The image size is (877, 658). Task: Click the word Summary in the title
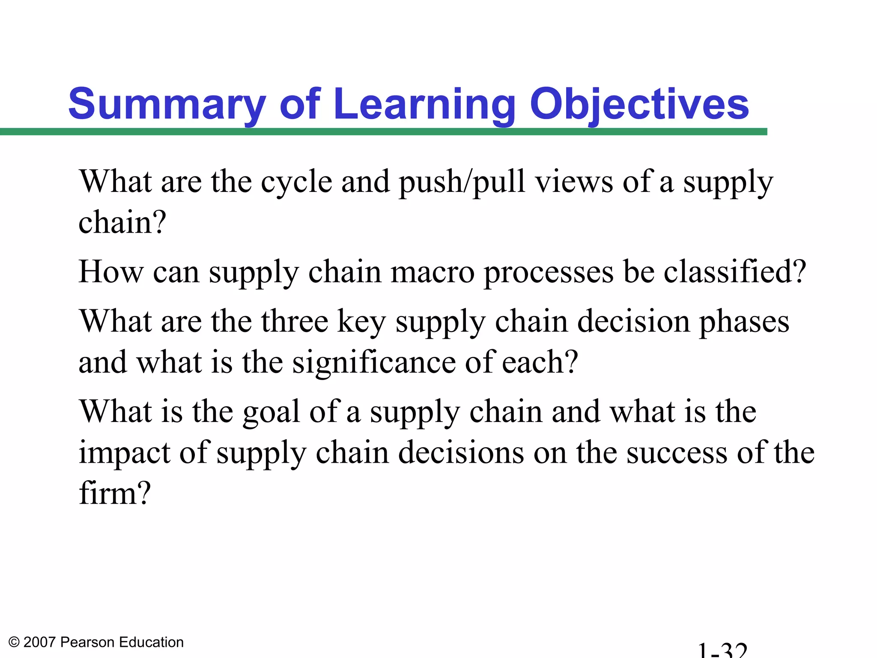167,104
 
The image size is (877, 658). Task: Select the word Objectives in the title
639,104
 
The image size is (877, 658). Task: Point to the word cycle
296,182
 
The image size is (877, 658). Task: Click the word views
574,182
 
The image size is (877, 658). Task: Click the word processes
549,272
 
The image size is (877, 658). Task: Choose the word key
361,322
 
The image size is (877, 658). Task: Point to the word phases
744,322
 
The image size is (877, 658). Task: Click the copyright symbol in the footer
14,643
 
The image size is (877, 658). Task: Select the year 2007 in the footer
40,643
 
